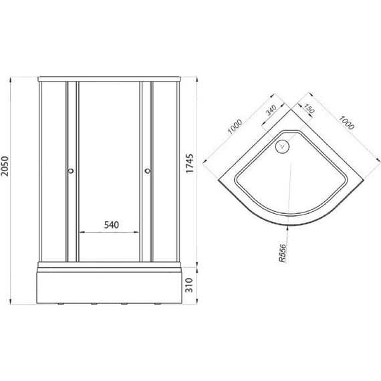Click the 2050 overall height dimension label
[x=5, y=166]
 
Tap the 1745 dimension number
[x=190, y=163]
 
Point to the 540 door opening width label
[x=112, y=225]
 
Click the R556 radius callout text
[x=283, y=253]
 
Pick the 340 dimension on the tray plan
[x=271, y=110]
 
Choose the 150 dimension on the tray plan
[x=309, y=108]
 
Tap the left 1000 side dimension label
[x=235, y=126]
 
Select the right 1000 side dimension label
[x=347, y=123]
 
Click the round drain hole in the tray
[x=282, y=146]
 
